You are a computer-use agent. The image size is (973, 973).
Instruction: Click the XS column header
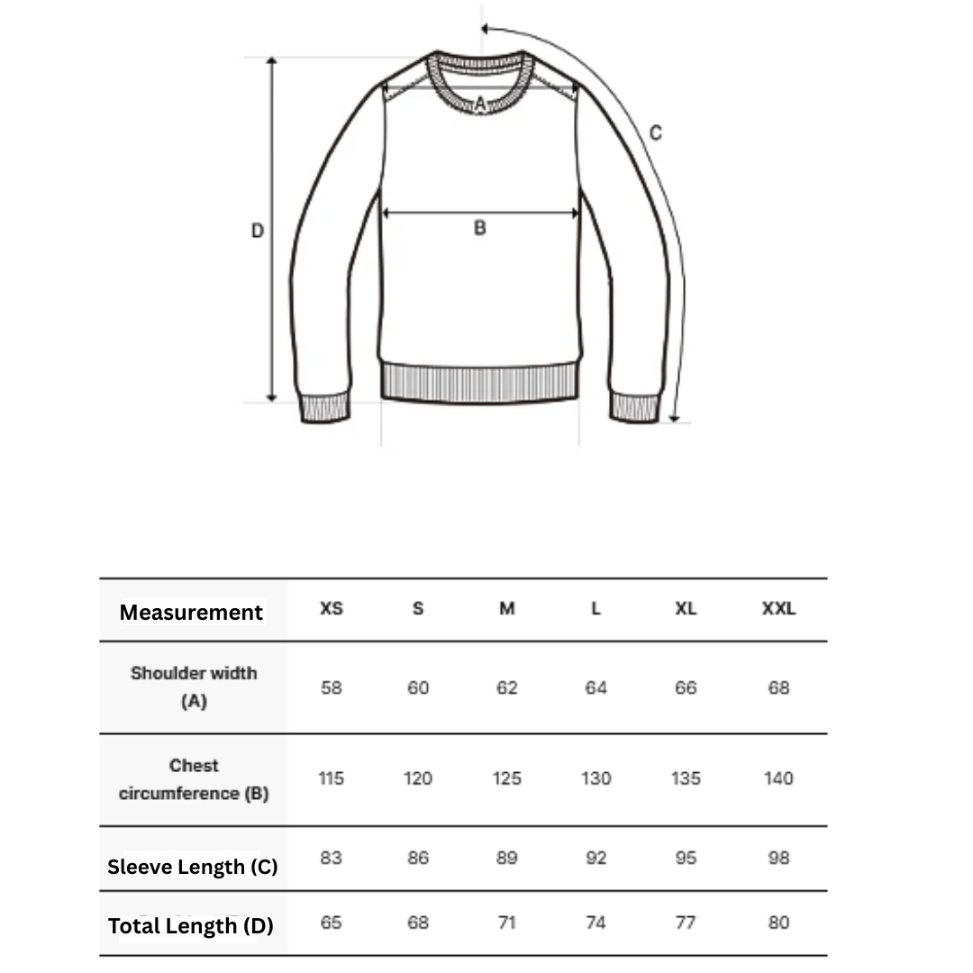[x=332, y=609]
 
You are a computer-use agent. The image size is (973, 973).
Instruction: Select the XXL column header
[x=778, y=609]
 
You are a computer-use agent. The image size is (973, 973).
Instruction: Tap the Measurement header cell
[x=191, y=613]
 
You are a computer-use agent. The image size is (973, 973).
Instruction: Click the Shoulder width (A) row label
[x=194, y=687]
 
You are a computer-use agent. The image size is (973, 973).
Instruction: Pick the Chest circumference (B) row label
[x=194, y=779]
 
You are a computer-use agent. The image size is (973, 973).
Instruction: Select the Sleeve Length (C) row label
[x=192, y=867]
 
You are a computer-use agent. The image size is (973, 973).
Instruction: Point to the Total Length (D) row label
[x=190, y=925]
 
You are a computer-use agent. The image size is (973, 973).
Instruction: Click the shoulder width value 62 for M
[x=507, y=688]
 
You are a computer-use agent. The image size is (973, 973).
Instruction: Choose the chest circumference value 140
[x=778, y=778]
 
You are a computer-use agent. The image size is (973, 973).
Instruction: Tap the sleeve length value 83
[x=332, y=859]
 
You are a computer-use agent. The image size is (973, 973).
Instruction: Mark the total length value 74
[x=596, y=923]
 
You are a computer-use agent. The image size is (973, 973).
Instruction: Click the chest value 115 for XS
[x=332, y=778]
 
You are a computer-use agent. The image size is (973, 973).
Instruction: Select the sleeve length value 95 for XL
[x=686, y=859]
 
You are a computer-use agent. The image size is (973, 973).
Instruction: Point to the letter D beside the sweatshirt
[x=258, y=232]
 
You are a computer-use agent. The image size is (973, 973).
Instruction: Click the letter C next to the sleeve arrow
[x=656, y=133]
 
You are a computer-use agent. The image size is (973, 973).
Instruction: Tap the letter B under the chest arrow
[x=479, y=229]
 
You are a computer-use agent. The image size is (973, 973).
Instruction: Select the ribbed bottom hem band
[x=479, y=382]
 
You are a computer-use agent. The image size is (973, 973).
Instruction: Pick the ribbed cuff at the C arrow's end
[x=635, y=407]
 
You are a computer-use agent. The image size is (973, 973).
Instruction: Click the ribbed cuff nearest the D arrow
[x=324, y=407]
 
